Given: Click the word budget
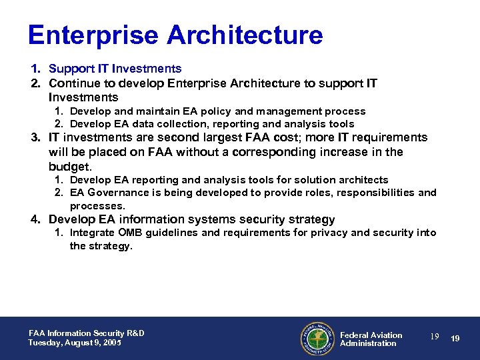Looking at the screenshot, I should [x=69, y=166].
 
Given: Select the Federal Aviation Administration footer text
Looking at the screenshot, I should [x=371, y=339].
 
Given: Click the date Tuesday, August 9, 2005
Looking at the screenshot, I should [x=75, y=343].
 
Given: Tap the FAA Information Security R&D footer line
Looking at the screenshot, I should [x=86, y=333].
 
